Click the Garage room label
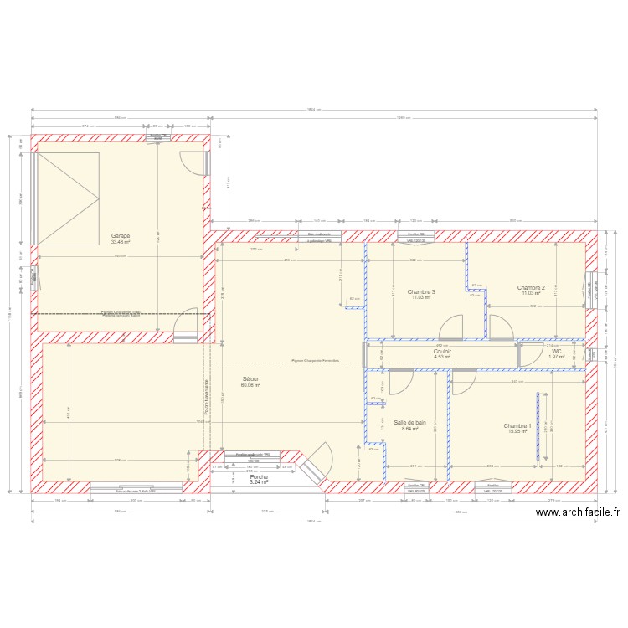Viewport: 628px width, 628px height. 121,236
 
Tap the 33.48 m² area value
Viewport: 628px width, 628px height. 121,242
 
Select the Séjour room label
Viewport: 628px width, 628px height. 250,378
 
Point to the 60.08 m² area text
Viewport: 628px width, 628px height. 250,385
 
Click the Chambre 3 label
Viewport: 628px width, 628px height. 421,292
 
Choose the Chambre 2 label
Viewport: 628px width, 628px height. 531,287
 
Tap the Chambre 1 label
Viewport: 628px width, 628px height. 517,425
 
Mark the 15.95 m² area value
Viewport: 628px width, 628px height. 517,432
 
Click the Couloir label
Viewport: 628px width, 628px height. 443,351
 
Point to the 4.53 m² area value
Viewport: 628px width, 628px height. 442,357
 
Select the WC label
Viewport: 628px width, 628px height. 557,351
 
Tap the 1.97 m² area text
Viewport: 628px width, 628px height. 557,357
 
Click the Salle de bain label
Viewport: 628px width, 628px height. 409,423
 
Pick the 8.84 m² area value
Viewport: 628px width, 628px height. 409,430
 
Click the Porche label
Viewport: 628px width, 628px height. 259,476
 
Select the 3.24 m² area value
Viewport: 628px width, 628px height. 259,482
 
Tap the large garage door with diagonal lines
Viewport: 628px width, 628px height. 68,198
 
